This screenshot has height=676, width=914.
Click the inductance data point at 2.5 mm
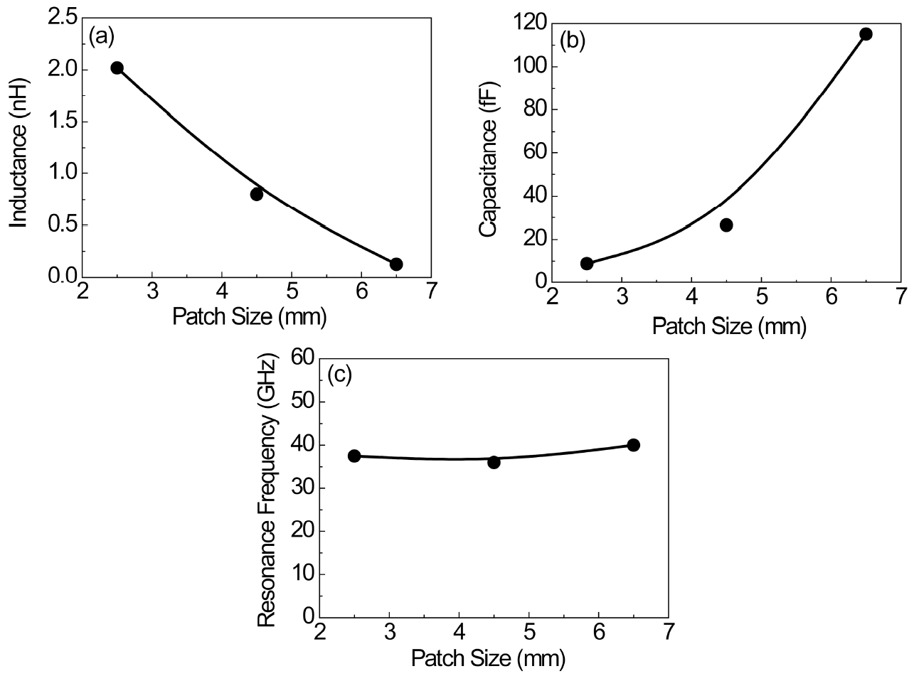pyautogui.click(x=117, y=68)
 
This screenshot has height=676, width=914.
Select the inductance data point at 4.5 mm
pyautogui.click(x=257, y=194)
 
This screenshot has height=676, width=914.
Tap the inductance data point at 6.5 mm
pyautogui.click(x=396, y=264)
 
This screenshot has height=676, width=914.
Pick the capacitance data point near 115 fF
pyautogui.click(x=866, y=34)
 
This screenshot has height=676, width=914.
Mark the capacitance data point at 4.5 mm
pyautogui.click(x=726, y=225)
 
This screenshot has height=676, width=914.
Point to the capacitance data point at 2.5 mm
pyautogui.click(x=587, y=264)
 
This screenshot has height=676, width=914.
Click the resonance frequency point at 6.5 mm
pyautogui.click(x=633, y=445)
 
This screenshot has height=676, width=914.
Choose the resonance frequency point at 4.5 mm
pyautogui.click(x=494, y=462)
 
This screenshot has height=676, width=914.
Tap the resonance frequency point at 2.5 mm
pyautogui.click(x=354, y=456)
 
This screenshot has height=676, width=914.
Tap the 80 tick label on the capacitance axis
pyautogui.click(x=533, y=110)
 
